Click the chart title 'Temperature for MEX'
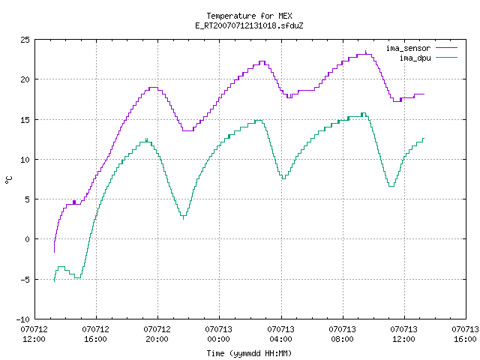click(249, 16)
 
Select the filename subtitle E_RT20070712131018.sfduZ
click(249, 25)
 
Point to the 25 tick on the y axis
click(25, 40)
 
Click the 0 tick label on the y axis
click(27, 239)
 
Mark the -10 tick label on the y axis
click(23, 319)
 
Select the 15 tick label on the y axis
click(25, 120)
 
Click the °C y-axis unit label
click(8, 180)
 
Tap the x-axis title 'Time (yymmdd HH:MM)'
click(249, 353)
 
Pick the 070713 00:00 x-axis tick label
click(218, 334)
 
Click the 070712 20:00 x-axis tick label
click(157, 334)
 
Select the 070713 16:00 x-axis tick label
click(465, 334)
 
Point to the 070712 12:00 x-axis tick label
click(34, 334)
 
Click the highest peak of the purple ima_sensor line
click(365, 52)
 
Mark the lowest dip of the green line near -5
click(77, 277)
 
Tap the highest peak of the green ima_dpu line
click(363, 113)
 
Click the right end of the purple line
click(424, 94)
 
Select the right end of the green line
click(424, 138)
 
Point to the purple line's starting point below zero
click(54, 252)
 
